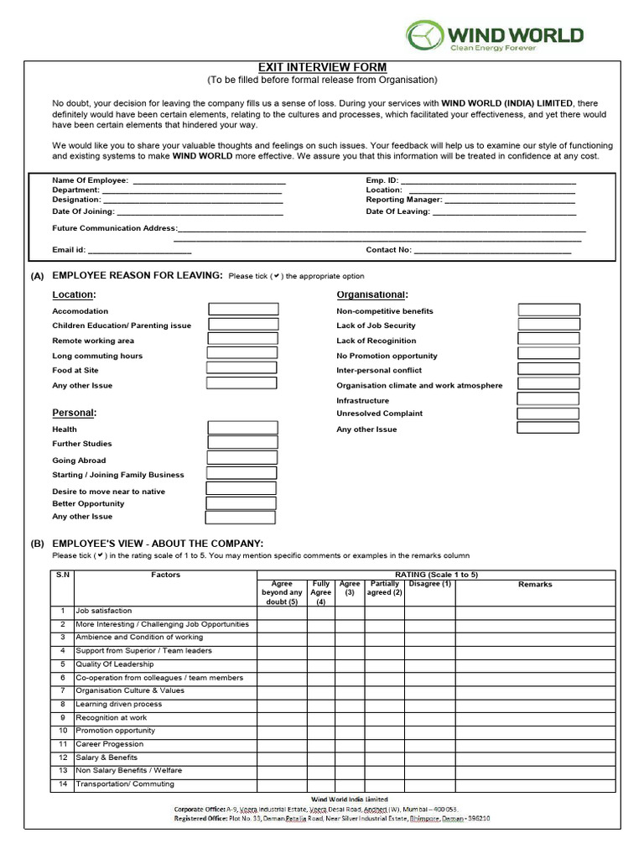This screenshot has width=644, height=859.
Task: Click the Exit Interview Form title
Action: pos(322,67)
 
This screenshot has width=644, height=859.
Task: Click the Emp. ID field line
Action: pos(490,180)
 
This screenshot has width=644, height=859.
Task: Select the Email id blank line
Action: pos(139,250)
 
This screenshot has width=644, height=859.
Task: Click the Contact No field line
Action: pos(492,250)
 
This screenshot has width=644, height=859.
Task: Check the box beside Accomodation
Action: pos(243,310)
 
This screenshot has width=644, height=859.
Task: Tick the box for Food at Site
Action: pos(241,368)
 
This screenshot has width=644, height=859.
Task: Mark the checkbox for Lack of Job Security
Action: pos(549,324)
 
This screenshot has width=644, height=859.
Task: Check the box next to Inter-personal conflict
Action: pos(549,369)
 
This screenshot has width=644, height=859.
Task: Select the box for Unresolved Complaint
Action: pos(548,414)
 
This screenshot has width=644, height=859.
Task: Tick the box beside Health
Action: pos(242,429)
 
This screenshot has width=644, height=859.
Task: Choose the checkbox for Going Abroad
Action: pos(242,458)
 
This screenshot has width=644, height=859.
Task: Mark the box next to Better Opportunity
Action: pos(241,503)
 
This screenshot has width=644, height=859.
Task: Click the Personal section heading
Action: pos(74,413)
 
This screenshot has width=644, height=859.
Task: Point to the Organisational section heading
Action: pos(371,294)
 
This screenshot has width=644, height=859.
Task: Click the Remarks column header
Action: pos(535,584)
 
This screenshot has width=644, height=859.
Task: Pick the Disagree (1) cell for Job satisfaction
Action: pos(429,612)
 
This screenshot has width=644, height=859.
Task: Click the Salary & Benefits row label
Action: pos(106,757)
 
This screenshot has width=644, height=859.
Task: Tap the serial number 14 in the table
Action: pos(62,784)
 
